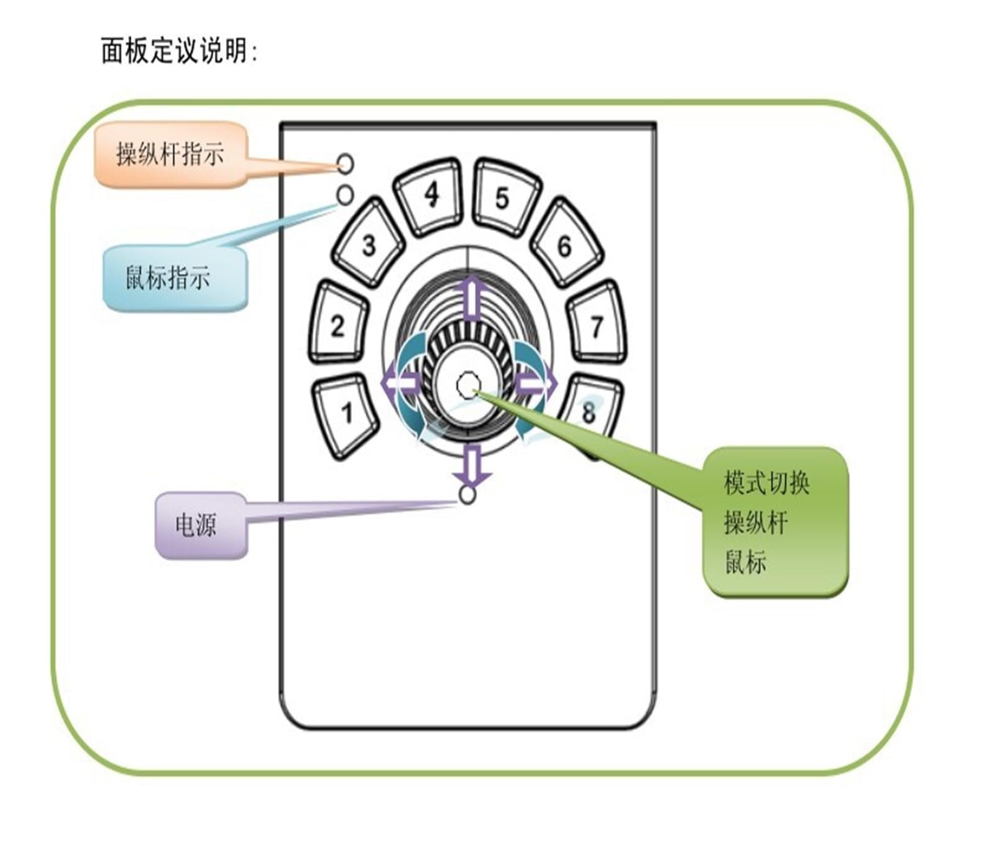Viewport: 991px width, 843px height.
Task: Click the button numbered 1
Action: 345,415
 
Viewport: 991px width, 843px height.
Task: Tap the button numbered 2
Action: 338,322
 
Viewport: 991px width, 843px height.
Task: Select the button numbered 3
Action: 369,243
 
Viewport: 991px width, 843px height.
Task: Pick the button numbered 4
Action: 429,196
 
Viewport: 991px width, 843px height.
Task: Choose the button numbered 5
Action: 505,197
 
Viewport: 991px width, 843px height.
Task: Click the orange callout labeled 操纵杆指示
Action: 171,155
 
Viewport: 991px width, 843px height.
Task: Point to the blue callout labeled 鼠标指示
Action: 174,277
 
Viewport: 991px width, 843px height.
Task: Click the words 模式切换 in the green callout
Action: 767,483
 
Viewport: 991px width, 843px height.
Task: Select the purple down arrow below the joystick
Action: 472,465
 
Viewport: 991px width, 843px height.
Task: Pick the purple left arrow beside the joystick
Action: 401,384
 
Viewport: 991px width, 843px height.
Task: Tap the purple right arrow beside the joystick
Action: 536,384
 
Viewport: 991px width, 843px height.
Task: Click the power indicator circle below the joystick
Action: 468,495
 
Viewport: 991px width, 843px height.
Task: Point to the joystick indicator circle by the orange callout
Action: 346,163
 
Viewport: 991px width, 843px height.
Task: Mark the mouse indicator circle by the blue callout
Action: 345,195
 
